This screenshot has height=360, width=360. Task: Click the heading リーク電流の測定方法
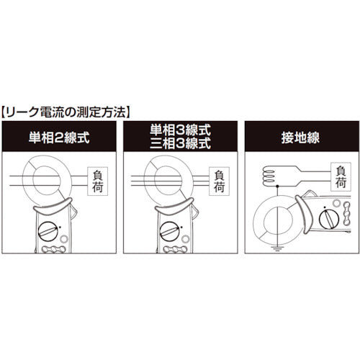click(67, 112)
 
